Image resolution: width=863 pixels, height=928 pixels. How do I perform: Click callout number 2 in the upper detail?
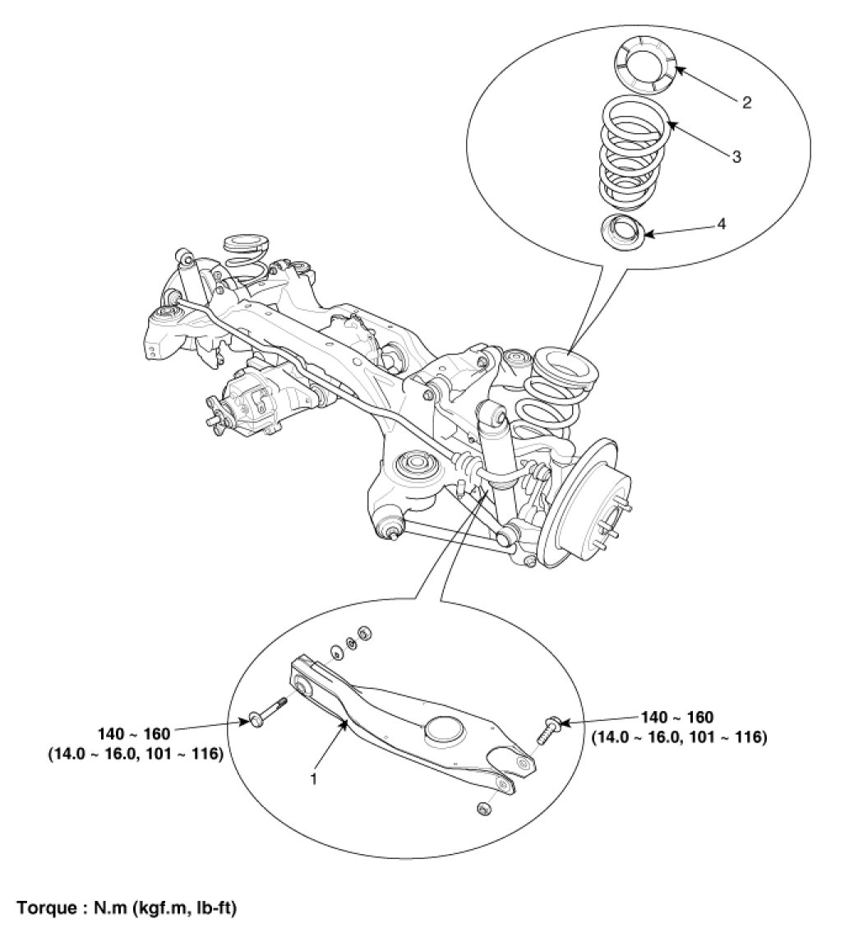[x=745, y=103]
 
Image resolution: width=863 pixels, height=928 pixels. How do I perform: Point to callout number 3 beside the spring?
[x=736, y=155]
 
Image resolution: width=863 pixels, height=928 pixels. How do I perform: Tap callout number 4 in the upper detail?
[x=721, y=223]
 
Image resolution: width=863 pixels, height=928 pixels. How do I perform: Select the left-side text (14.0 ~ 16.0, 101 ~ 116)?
[x=136, y=750]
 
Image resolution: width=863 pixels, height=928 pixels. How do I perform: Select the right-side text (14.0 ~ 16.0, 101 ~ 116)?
[x=680, y=737]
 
